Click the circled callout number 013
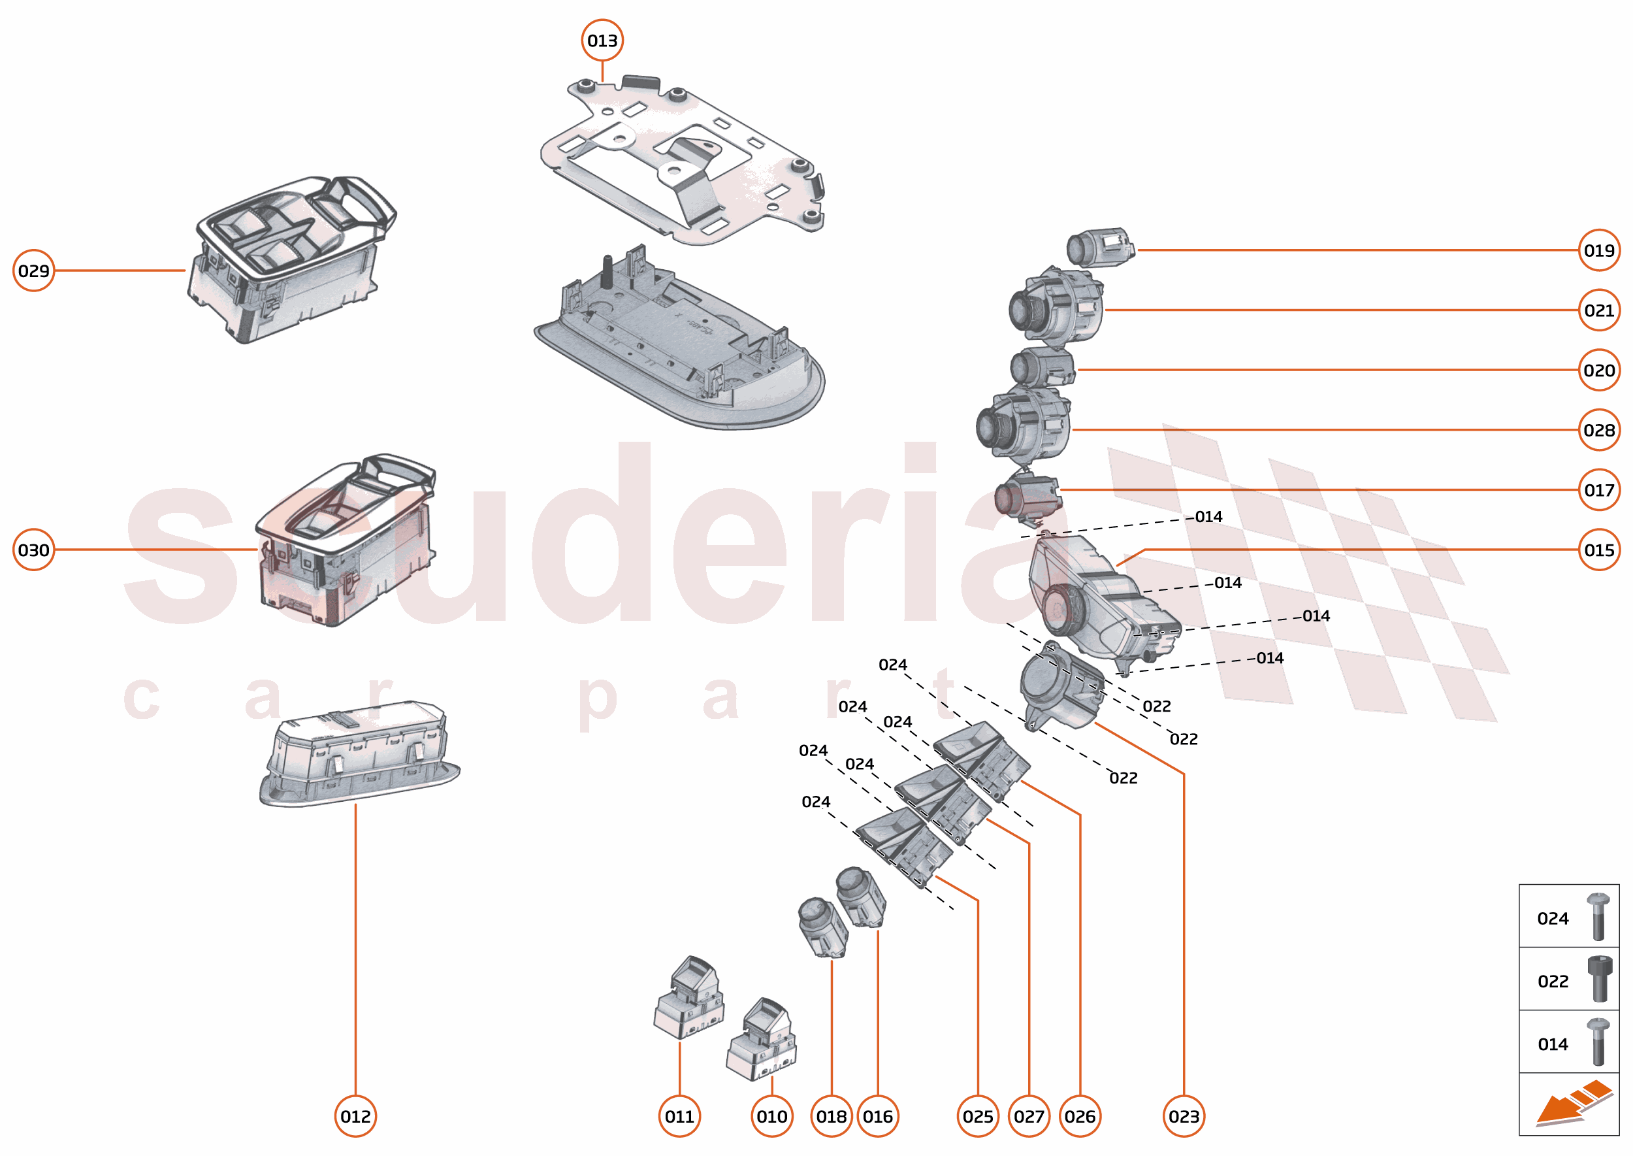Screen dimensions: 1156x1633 602,41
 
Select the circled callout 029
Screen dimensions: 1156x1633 33,271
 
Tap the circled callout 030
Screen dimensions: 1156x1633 33,550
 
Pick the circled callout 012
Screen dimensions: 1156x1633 355,1116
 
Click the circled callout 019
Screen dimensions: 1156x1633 1599,250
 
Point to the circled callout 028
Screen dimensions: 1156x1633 1599,430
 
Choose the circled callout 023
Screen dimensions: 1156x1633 1184,1116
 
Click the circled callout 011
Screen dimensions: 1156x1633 679,1116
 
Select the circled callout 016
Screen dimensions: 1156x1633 877,1116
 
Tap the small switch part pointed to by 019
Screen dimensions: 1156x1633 1100,248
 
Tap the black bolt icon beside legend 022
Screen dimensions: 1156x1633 1598,979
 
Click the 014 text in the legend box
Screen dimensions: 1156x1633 1553,1044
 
